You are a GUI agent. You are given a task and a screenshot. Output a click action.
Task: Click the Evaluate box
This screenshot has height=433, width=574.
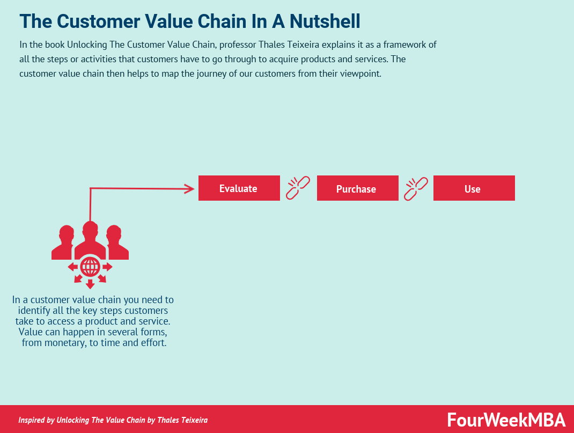point(239,188)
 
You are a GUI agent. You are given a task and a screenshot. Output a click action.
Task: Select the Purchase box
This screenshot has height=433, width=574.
point(357,188)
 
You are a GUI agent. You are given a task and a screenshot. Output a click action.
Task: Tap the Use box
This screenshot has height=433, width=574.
point(474,188)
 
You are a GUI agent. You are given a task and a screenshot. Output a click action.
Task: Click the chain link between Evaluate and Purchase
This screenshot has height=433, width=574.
point(298,188)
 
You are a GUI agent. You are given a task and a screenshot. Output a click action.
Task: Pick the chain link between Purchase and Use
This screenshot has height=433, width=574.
point(416,188)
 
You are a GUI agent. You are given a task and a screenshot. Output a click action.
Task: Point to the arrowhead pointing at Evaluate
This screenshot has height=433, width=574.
point(189,188)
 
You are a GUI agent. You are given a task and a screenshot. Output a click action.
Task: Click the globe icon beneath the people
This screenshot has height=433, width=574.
point(90,266)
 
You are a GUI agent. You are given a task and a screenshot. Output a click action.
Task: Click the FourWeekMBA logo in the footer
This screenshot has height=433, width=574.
point(506,419)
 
